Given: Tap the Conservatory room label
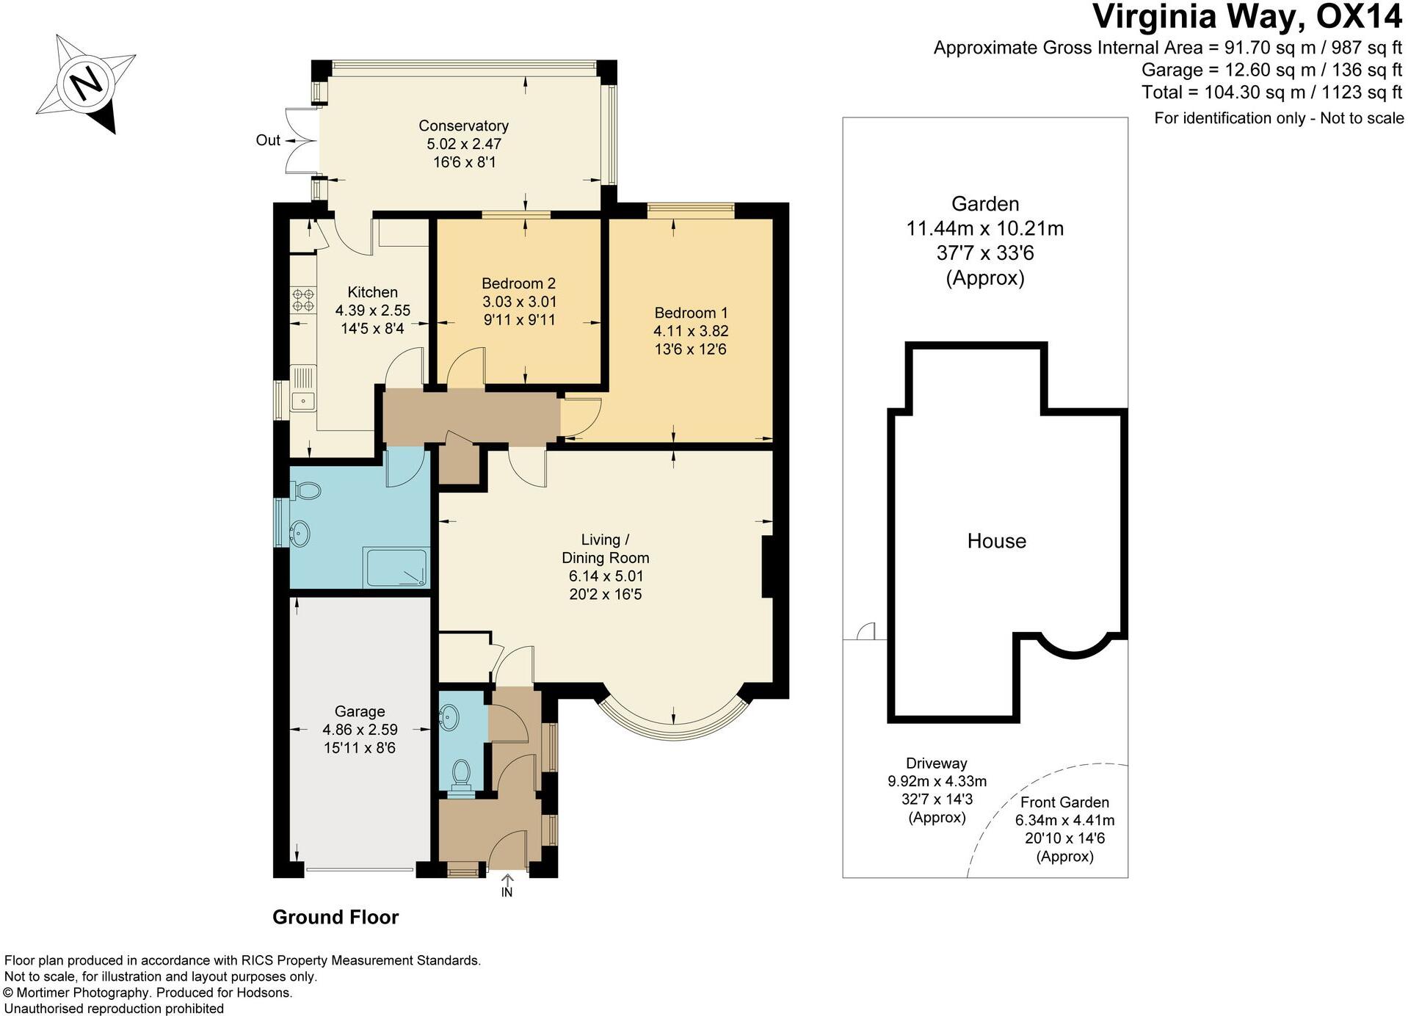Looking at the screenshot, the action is point(463,126).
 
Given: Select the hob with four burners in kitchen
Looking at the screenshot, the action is point(303,300).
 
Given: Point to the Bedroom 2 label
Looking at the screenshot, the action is point(518,283).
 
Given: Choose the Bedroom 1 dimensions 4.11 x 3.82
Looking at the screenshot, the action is point(691,331).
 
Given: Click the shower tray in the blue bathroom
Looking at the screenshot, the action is point(395,567).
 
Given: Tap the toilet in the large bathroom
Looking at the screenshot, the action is point(306,490).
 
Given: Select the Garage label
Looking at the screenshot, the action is point(360,711).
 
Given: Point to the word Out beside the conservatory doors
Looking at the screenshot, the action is point(268,140).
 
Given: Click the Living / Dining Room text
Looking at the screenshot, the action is point(606,548).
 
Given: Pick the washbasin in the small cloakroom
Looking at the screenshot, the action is point(449,716).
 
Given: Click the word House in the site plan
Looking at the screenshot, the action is point(996,541).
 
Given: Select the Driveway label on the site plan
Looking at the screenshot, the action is point(936,763).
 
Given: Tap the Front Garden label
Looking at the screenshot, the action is point(1064,802).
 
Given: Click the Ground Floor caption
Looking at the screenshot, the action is point(335,917).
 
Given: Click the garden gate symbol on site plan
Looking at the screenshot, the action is point(867,631).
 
